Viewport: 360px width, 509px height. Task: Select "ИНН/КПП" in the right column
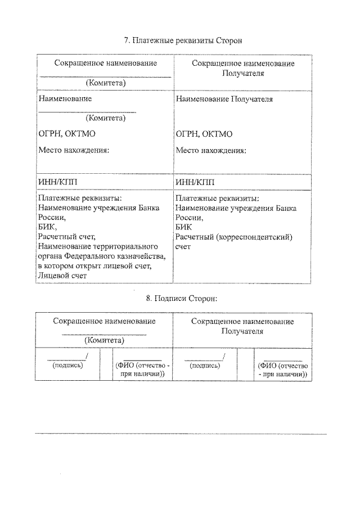[195, 182]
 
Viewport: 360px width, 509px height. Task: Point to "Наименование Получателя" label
[224, 99]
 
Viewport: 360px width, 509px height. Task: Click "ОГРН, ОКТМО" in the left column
[65, 134]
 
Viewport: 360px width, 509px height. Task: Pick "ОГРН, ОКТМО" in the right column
[204, 134]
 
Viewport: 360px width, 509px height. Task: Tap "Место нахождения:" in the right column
[211, 150]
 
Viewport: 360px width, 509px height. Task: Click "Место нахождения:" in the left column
[73, 150]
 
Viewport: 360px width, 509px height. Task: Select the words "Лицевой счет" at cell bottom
[62, 276]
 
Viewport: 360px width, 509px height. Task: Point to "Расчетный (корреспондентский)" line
[234, 237]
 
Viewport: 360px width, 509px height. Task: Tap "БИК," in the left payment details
[48, 227]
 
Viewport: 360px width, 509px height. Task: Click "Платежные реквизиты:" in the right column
[217, 199]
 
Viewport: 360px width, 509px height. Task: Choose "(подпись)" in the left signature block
[67, 364]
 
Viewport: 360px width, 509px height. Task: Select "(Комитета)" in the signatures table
[104, 340]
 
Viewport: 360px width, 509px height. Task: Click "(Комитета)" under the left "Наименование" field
[105, 118]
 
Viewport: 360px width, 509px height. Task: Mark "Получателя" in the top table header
[243, 73]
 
